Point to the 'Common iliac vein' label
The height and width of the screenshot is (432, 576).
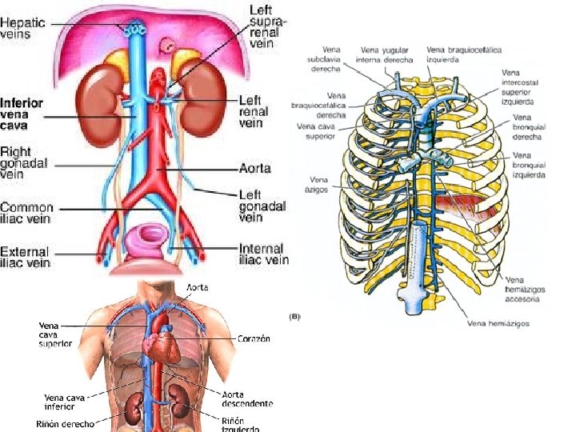pos(27,212)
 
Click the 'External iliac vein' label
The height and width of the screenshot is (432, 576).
pos(25,256)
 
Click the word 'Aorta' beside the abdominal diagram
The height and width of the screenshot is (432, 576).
pos(255,170)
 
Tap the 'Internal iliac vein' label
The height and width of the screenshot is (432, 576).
pos(264,254)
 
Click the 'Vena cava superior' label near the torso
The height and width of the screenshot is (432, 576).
pos(56,334)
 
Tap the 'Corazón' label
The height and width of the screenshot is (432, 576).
pos(253,338)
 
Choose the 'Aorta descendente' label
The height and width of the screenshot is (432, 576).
pos(247,398)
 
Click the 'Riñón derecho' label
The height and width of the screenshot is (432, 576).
pos(66,422)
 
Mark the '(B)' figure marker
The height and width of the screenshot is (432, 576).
pos(295,317)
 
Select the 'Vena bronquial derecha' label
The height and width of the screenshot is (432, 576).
pos(527,127)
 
